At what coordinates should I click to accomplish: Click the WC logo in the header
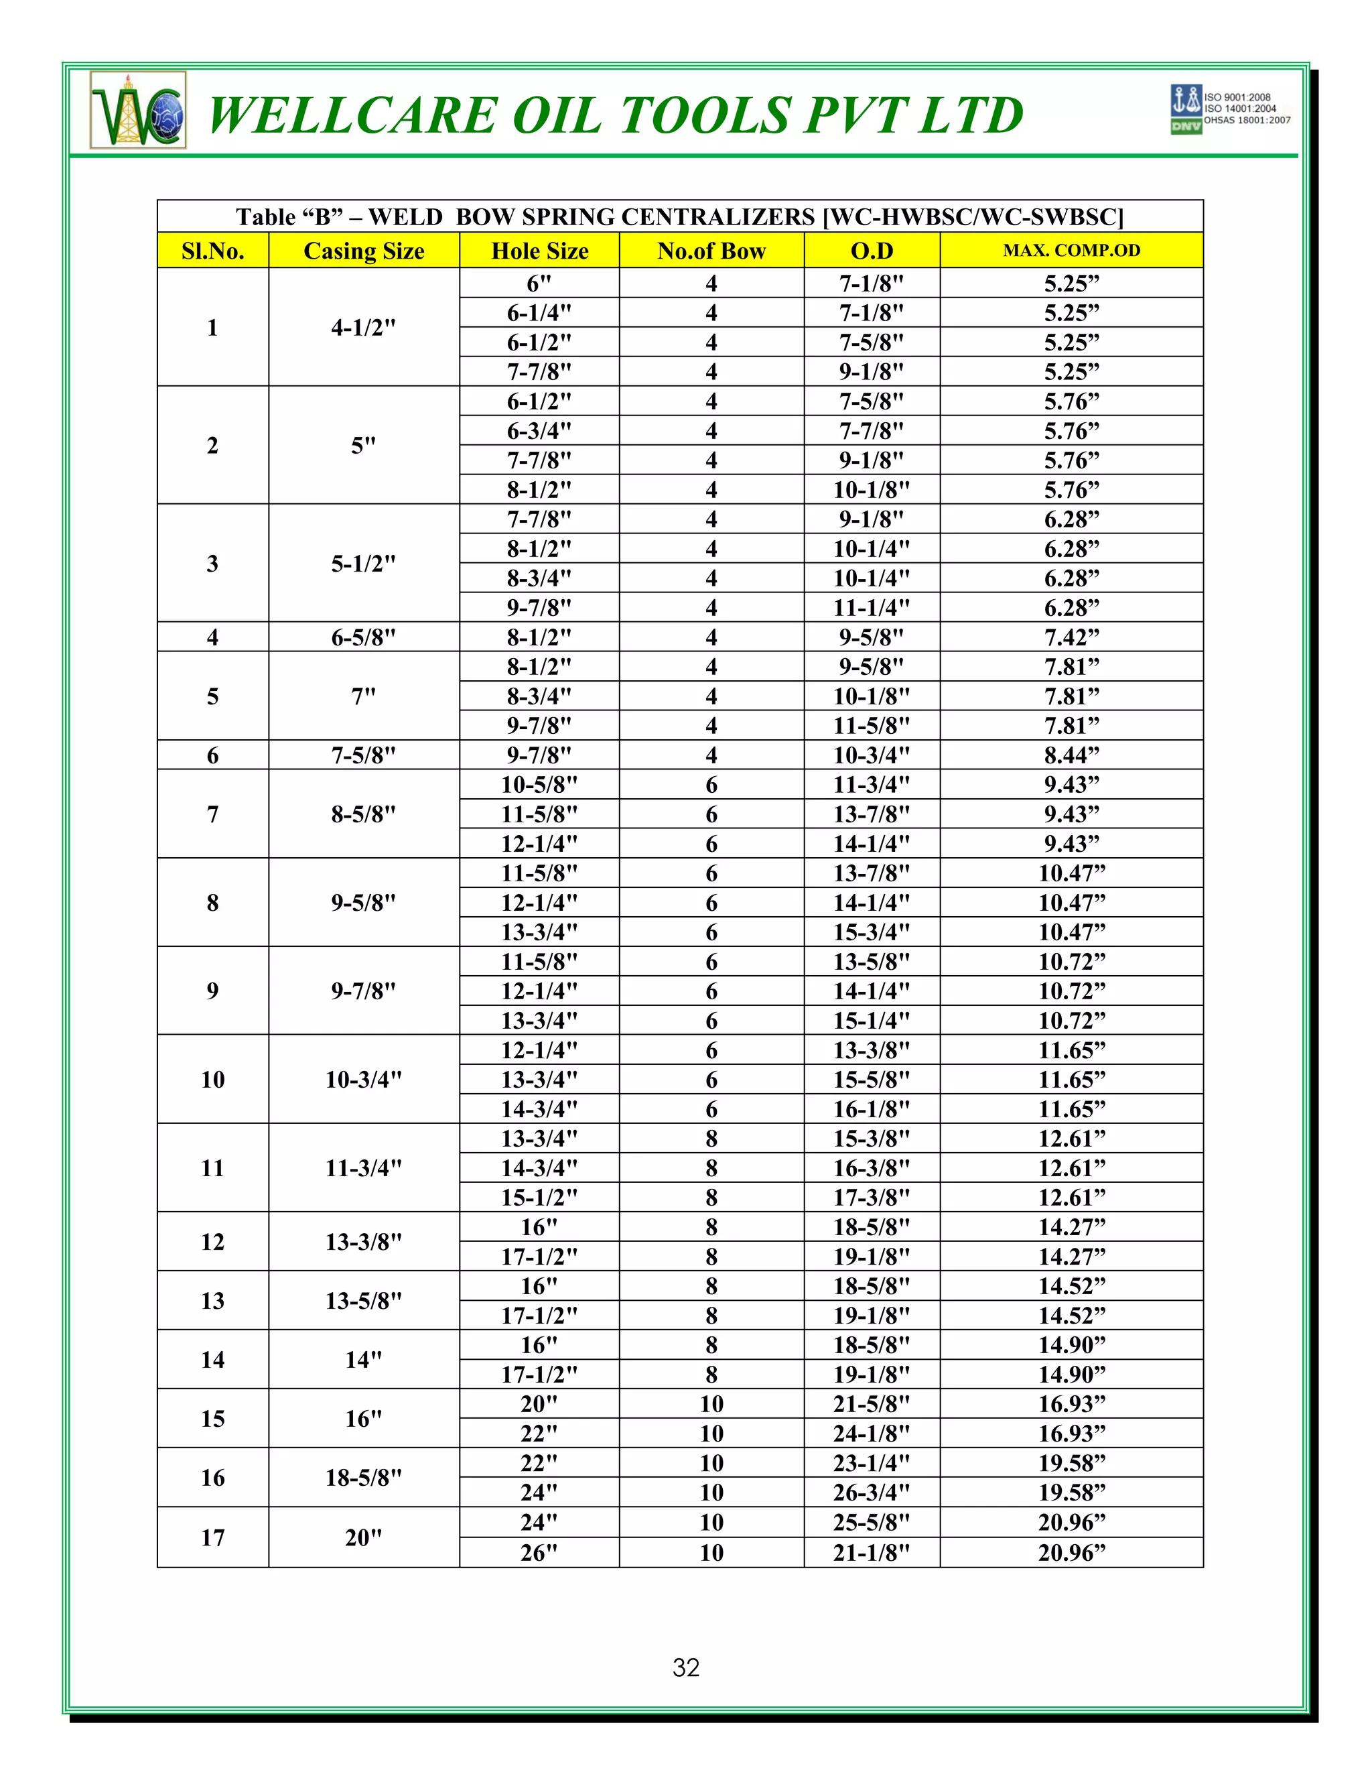coord(138,111)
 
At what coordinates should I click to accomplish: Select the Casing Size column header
coord(363,251)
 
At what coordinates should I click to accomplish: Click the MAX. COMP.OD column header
coord(1071,251)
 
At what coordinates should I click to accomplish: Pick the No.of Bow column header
coord(711,251)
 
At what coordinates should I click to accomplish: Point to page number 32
coord(686,1667)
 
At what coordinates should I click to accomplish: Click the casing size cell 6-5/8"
coord(363,637)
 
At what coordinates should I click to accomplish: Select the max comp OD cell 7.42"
coord(1071,637)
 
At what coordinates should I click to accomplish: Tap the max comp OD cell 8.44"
coord(1071,755)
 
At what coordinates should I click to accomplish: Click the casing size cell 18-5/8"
coord(363,1478)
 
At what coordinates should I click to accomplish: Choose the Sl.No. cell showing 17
coord(212,1537)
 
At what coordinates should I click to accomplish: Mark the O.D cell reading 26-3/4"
coord(872,1493)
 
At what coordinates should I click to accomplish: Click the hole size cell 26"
coord(539,1552)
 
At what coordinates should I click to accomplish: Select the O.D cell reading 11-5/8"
coord(872,725)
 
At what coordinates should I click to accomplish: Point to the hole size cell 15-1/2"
coord(539,1197)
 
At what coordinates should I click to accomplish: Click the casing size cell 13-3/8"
coord(363,1242)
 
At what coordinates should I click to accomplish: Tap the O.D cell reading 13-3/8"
coord(872,1050)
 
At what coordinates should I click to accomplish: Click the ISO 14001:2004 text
coord(1240,108)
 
